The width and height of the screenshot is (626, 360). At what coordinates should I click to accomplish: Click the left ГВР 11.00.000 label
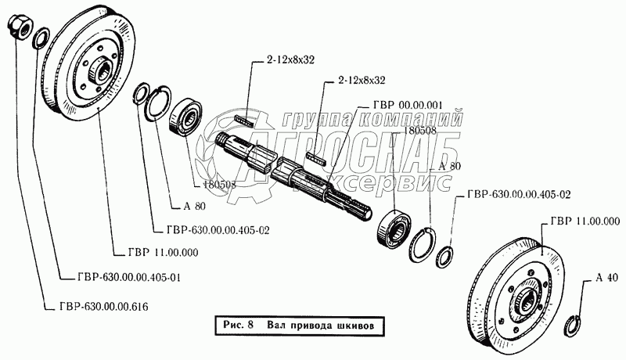(160, 253)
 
